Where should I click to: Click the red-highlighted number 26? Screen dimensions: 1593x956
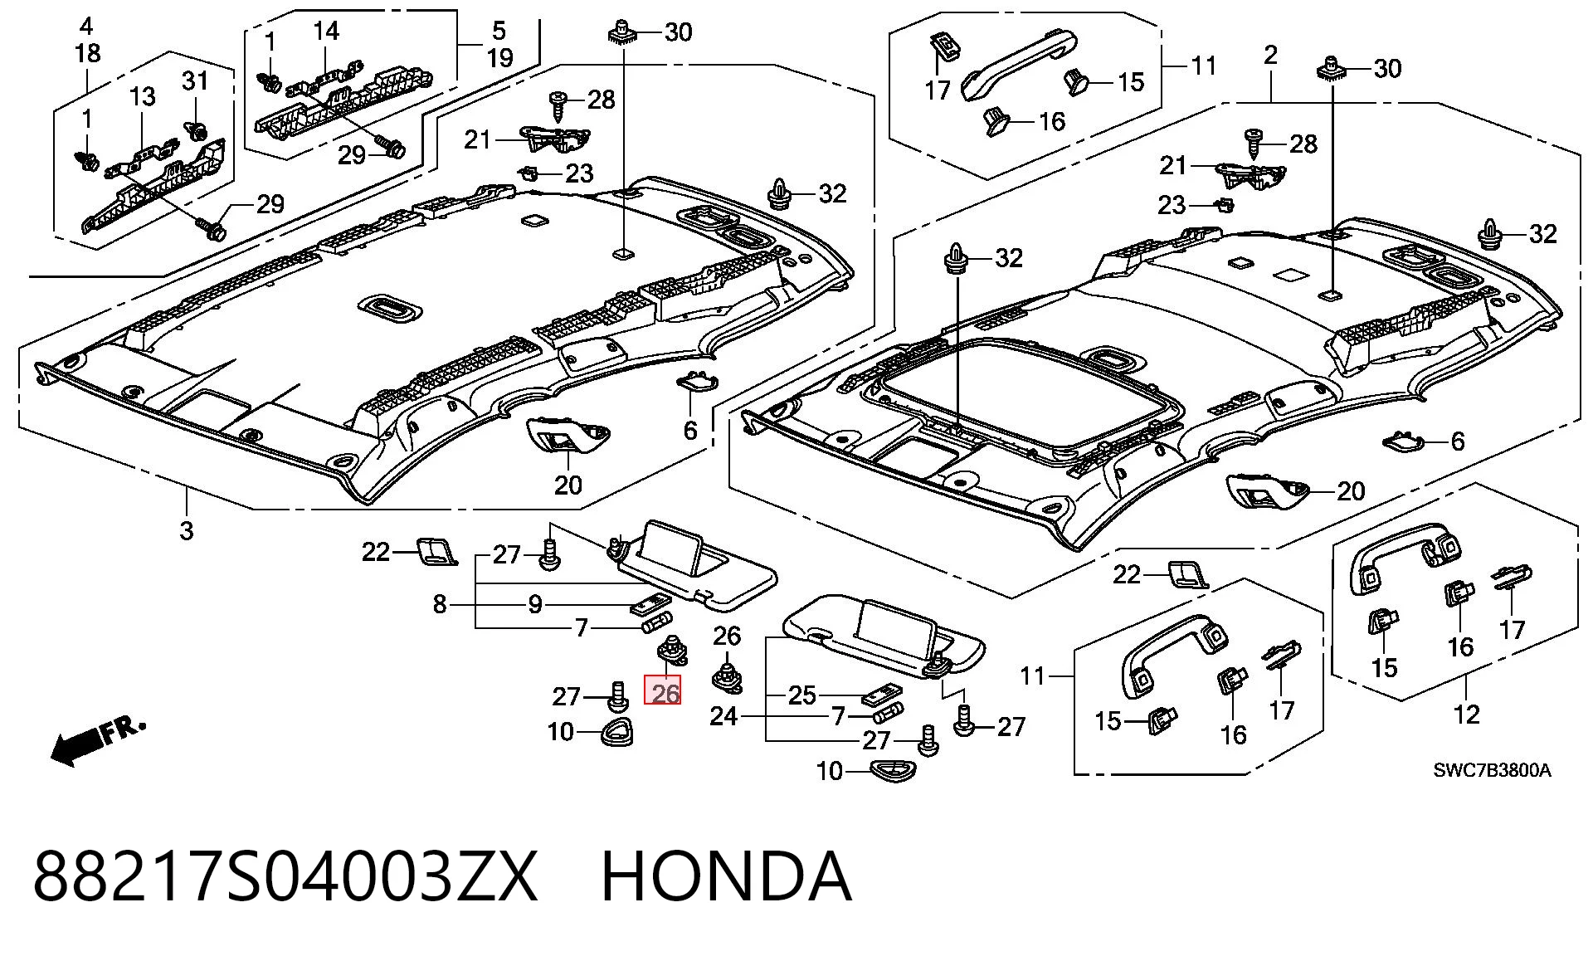click(664, 693)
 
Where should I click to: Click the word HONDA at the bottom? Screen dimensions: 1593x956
click(726, 876)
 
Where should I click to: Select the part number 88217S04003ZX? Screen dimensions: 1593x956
click(285, 876)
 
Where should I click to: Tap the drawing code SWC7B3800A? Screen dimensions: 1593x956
click(1492, 770)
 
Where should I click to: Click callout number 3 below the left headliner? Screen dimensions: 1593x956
click(187, 530)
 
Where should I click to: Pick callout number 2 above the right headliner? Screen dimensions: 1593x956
click(1270, 56)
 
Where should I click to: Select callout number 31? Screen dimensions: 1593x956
click(195, 81)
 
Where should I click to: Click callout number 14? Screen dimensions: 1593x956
click(326, 32)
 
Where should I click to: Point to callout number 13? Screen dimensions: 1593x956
click(142, 96)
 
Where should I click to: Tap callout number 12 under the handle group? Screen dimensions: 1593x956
click(1466, 714)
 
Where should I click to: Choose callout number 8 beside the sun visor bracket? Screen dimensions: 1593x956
click(440, 604)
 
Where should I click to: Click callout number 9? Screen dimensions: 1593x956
click(536, 604)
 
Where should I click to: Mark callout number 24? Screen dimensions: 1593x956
click(723, 715)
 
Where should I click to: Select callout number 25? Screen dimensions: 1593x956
click(802, 695)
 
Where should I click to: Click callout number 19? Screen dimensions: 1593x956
click(499, 58)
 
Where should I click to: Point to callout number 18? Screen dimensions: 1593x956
click(87, 53)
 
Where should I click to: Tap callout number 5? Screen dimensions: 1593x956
click(499, 32)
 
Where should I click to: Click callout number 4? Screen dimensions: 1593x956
click(87, 26)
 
